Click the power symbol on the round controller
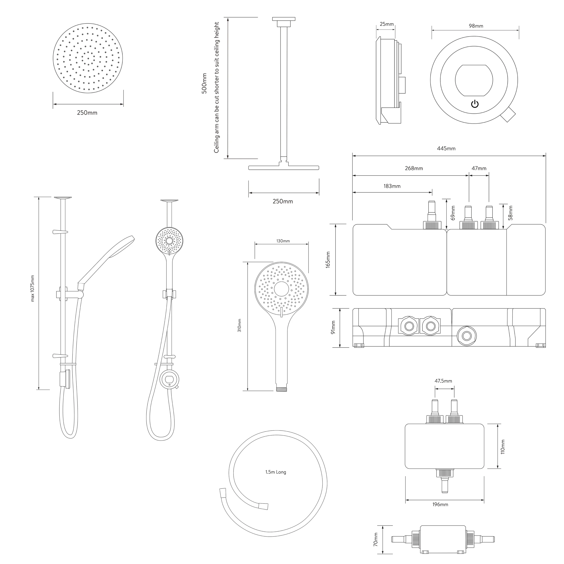(475, 104)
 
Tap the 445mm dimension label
(446, 148)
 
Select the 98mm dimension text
(476, 26)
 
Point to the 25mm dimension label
(387, 24)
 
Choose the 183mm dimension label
(392, 186)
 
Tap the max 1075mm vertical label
(32, 288)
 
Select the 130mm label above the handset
(283, 241)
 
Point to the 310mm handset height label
(239, 325)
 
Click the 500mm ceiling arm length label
(204, 83)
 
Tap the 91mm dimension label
(333, 328)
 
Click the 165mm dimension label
(328, 260)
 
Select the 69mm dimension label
(453, 213)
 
